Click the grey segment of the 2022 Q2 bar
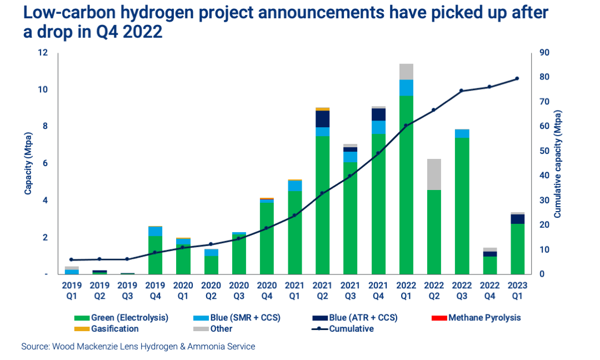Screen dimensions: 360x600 pyautogui.click(x=433, y=174)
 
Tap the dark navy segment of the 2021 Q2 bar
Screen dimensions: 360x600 pyautogui.click(x=322, y=119)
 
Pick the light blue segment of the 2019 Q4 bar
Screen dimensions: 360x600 pyautogui.click(x=155, y=231)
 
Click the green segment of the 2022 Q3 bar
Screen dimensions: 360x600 pyautogui.click(x=462, y=206)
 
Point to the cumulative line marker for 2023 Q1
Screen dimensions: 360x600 pyautogui.click(x=517, y=79)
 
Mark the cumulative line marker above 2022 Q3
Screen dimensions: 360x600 pyautogui.click(x=462, y=91)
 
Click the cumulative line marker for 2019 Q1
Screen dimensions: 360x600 pyautogui.click(x=72, y=259)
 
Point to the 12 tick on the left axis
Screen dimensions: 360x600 pyautogui.click(x=43, y=53)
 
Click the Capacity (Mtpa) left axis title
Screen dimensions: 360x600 pyautogui.click(x=27, y=163)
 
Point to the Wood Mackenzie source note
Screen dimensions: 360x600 pyautogui.click(x=138, y=347)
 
